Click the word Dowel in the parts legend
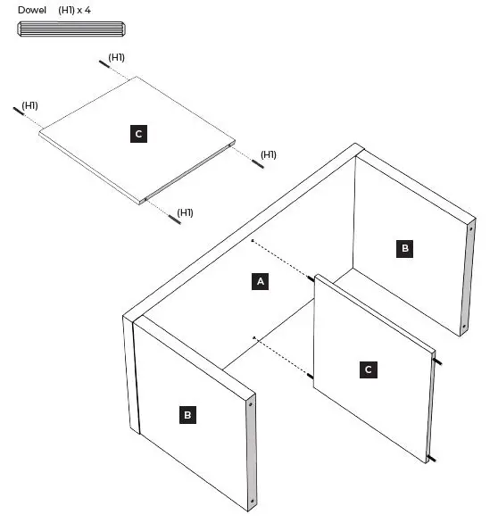point(32,11)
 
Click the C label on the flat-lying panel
point(137,134)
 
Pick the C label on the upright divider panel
point(367,369)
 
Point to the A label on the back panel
point(261,281)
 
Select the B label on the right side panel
point(404,248)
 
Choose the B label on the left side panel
point(187,415)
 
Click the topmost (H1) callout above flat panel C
point(116,58)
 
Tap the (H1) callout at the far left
point(29,105)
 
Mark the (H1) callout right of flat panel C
point(268,154)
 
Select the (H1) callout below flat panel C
point(185,212)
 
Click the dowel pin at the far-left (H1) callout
point(19,111)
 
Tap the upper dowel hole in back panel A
point(253,241)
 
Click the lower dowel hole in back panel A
point(253,336)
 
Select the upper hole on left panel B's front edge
point(251,404)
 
